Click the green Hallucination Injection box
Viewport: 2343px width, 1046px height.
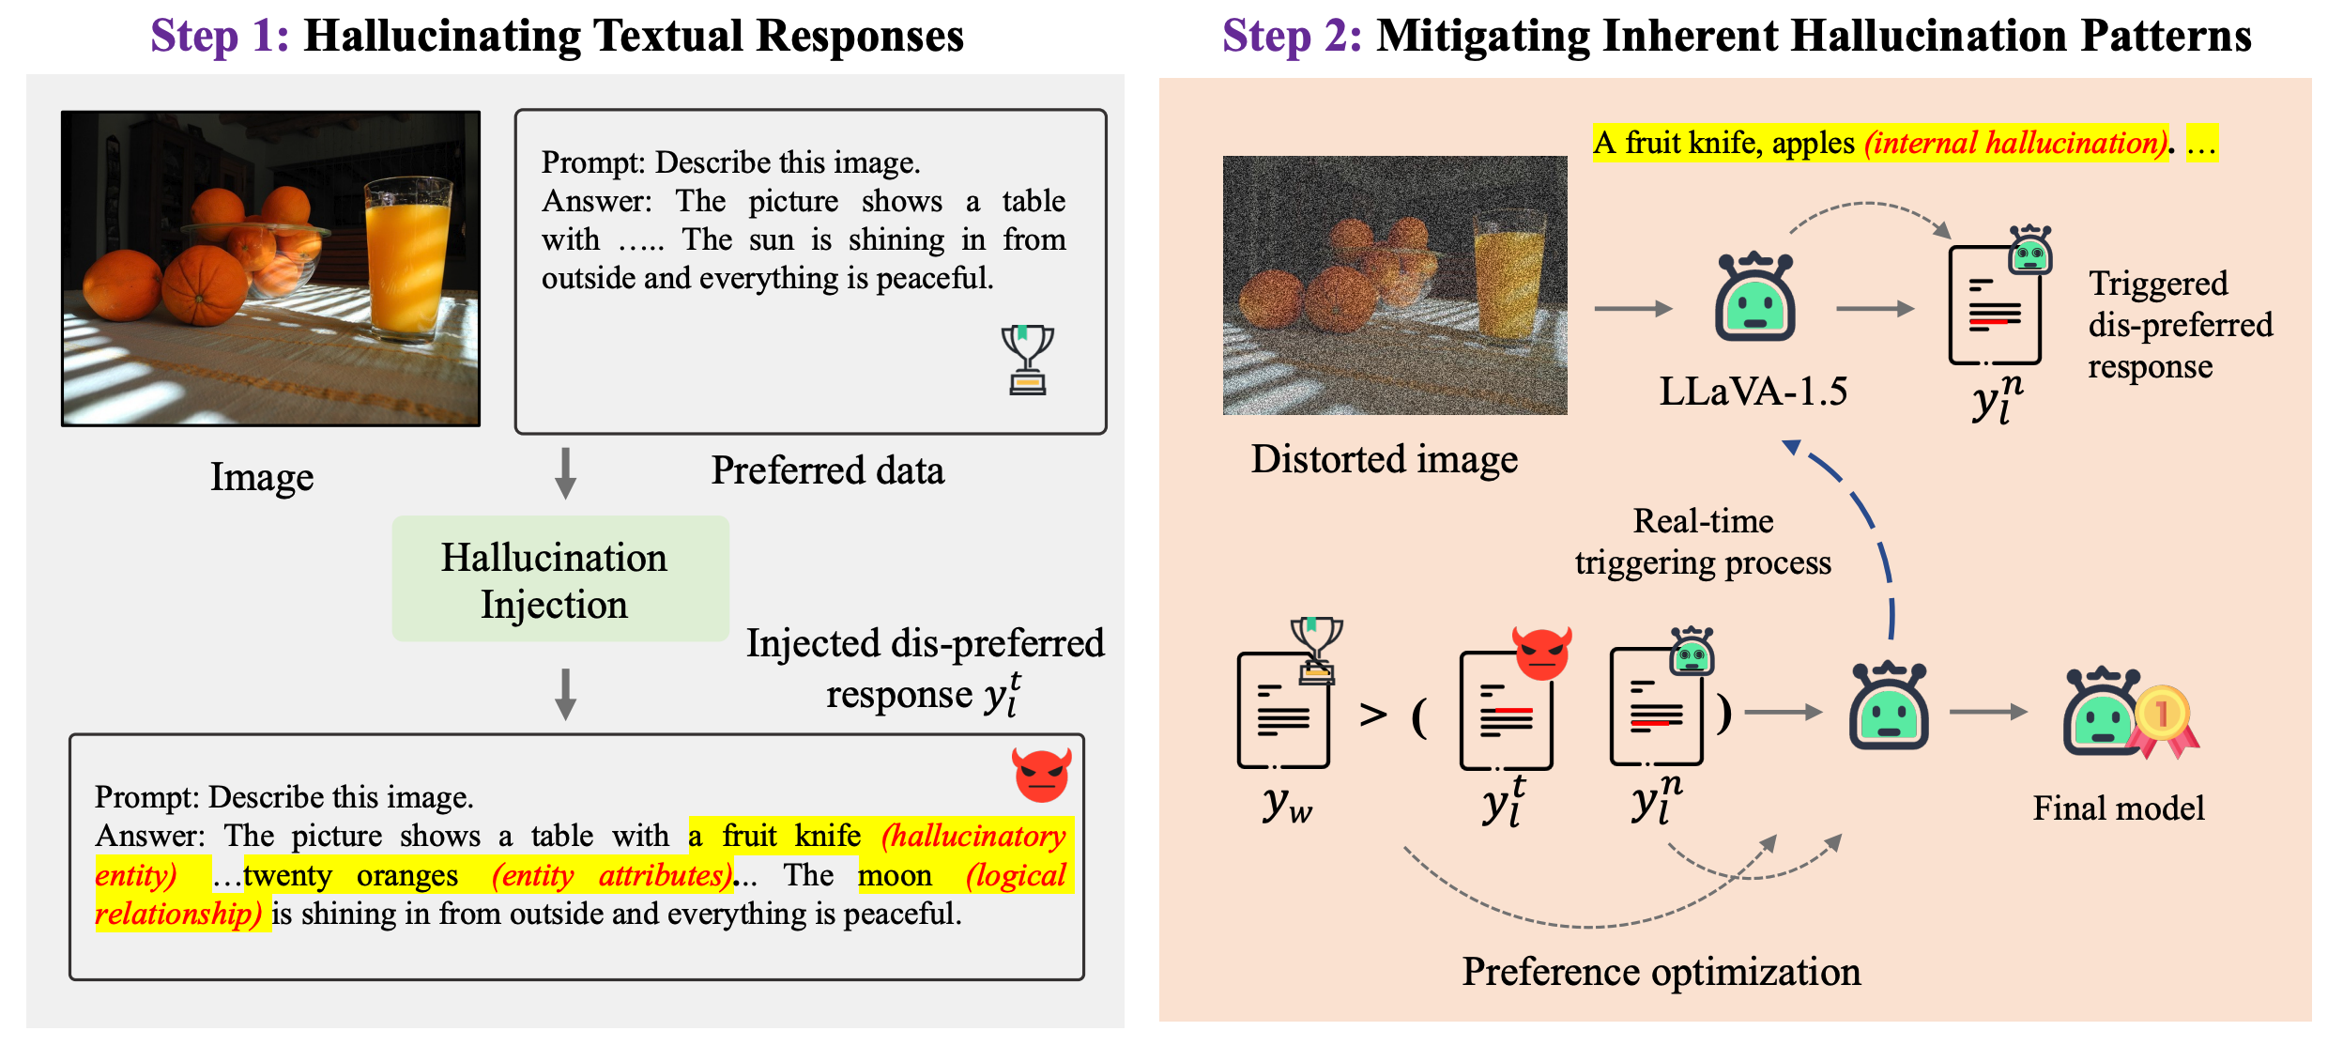point(560,579)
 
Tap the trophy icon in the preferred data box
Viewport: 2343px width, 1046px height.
point(1027,359)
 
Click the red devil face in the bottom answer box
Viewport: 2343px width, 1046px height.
point(1041,775)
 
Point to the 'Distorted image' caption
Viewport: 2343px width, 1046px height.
point(1384,459)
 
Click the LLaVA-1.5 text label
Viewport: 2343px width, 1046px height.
point(1753,392)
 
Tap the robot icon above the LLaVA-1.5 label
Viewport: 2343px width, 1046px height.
point(1754,298)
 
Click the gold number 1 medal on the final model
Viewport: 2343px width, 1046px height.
point(2162,714)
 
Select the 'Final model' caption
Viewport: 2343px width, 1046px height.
point(2118,808)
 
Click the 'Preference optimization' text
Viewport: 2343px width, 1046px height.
point(1661,972)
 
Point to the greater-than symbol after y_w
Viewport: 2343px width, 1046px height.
point(1373,715)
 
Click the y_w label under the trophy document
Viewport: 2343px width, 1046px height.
point(1286,805)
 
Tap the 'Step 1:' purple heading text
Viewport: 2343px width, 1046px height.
point(220,37)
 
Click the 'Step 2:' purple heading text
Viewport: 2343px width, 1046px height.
point(1292,37)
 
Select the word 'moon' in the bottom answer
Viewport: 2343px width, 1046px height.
point(895,875)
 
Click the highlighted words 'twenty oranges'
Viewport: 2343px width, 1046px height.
point(351,875)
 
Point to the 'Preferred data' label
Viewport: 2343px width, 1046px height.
point(827,470)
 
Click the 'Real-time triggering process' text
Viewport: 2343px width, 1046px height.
point(1703,542)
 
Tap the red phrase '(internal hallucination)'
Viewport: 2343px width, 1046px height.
point(2015,143)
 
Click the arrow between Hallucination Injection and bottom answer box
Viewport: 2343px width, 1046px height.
point(565,694)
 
